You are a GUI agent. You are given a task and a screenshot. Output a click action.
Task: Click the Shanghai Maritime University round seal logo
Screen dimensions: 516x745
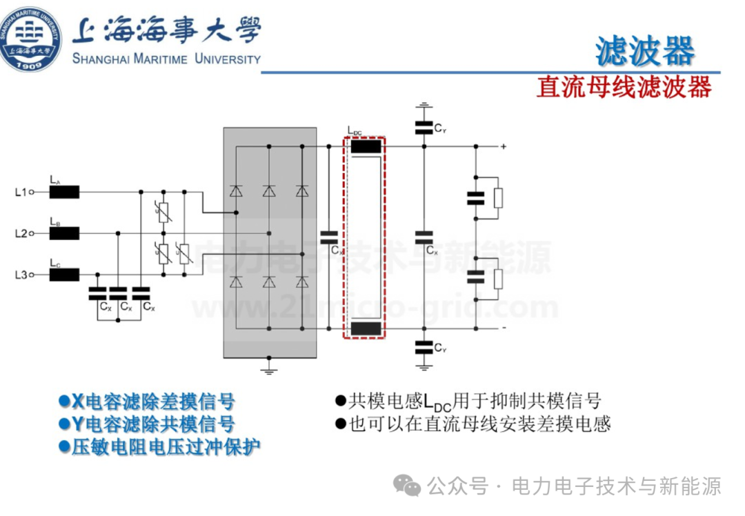(30, 38)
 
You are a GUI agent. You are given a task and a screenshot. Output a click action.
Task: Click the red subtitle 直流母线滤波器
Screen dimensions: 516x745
(624, 88)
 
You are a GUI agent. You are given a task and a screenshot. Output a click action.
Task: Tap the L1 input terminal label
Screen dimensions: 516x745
(21, 192)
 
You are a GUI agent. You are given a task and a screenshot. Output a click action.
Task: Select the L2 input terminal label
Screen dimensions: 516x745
(21, 234)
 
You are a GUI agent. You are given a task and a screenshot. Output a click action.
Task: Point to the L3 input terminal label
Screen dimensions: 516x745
(21, 275)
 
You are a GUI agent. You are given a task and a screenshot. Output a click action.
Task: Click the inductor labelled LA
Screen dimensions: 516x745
(64, 192)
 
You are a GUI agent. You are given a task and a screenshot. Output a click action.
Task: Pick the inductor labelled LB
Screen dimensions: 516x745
(64, 234)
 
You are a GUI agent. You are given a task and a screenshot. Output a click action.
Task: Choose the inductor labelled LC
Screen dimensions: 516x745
(64, 275)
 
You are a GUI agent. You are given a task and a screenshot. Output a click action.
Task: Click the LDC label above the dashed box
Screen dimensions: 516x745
(355, 130)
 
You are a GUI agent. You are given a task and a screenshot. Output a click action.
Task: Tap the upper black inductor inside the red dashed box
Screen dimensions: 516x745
(366, 146)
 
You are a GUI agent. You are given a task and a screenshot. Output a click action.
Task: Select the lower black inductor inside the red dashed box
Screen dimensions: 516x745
(366, 328)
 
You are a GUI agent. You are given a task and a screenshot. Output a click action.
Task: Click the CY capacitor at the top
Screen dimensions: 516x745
(422, 127)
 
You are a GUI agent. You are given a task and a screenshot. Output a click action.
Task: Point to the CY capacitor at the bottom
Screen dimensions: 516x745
(422, 346)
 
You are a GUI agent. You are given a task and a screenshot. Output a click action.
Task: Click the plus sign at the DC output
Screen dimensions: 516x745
(504, 146)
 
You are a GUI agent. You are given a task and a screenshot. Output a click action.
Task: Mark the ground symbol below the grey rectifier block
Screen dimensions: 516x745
(270, 370)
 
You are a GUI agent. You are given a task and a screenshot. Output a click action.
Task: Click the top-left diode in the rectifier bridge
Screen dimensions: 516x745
(236, 192)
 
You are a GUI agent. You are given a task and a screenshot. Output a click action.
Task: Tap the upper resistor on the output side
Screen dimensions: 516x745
(498, 198)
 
